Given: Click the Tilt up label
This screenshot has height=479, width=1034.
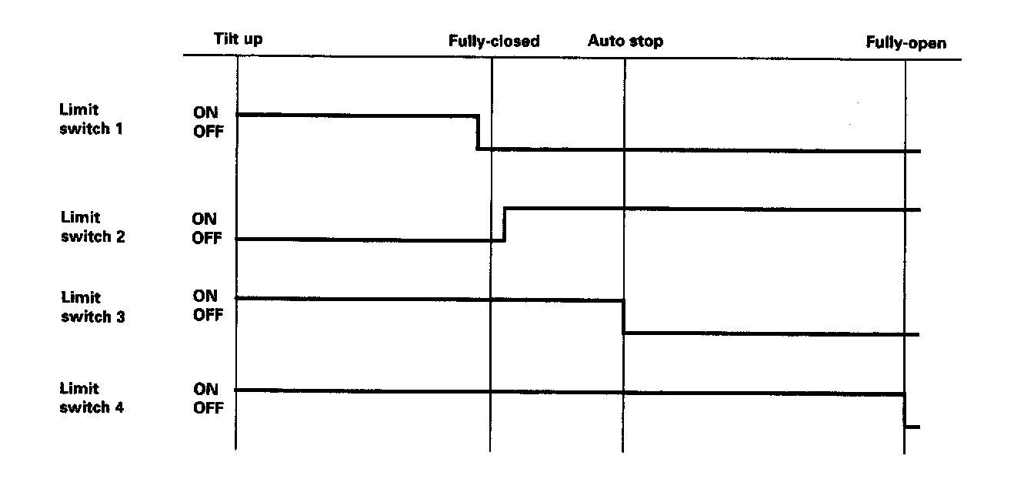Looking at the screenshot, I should click(x=238, y=39).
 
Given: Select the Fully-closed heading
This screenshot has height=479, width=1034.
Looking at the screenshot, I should click(x=494, y=42).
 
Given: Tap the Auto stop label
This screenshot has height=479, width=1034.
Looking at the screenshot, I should click(x=625, y=41).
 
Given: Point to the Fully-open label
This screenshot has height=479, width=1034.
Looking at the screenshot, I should click(x=906, y=43).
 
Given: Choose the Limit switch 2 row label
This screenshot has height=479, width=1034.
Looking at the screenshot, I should click(x=92, y=227).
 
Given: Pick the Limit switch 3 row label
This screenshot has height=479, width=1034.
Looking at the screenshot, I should click(x=92, y=306).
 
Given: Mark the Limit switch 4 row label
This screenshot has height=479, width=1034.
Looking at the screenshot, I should click(x=92, y=398).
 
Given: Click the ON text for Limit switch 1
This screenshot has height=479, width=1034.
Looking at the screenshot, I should click(x=205, y=113).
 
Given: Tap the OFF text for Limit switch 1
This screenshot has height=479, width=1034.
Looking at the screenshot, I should click(x=208, y=132).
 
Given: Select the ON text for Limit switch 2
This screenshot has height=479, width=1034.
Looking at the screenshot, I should click(x=204, y=219).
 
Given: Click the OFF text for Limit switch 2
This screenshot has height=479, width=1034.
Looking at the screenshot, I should click(x=206, y=239).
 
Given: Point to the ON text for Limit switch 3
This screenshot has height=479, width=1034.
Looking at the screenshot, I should click(x=205, y=296).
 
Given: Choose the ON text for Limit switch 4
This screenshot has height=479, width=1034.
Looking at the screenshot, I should click(x=205, y=390).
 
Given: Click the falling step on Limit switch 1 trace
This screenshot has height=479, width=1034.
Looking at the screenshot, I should click(x=478, y=132).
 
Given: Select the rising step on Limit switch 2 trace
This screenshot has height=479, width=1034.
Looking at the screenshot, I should click(x=504, y=224).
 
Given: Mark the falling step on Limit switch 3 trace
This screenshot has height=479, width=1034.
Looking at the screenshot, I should click(x=623, y=317).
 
